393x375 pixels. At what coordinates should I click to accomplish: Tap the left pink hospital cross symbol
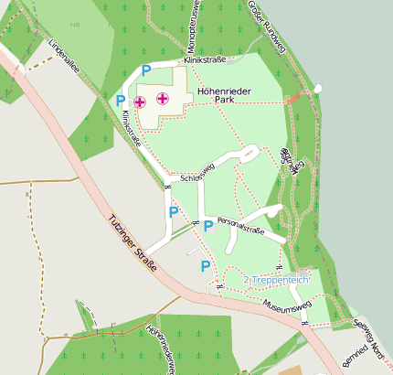pos(140,102)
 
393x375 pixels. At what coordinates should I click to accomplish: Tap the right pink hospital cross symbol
pos(163,98)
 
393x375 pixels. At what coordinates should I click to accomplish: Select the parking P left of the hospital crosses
pos(121,101)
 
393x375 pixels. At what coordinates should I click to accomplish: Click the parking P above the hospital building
pos(145,70)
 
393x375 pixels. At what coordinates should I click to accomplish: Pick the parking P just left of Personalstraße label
pos(207,225)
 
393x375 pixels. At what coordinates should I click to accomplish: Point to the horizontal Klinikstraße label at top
pos(205,60)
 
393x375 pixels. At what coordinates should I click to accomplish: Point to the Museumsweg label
pos(287,303)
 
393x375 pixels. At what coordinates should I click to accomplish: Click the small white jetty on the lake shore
pos(317,88)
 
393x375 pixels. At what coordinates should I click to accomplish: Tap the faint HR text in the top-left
pos(75,27)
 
